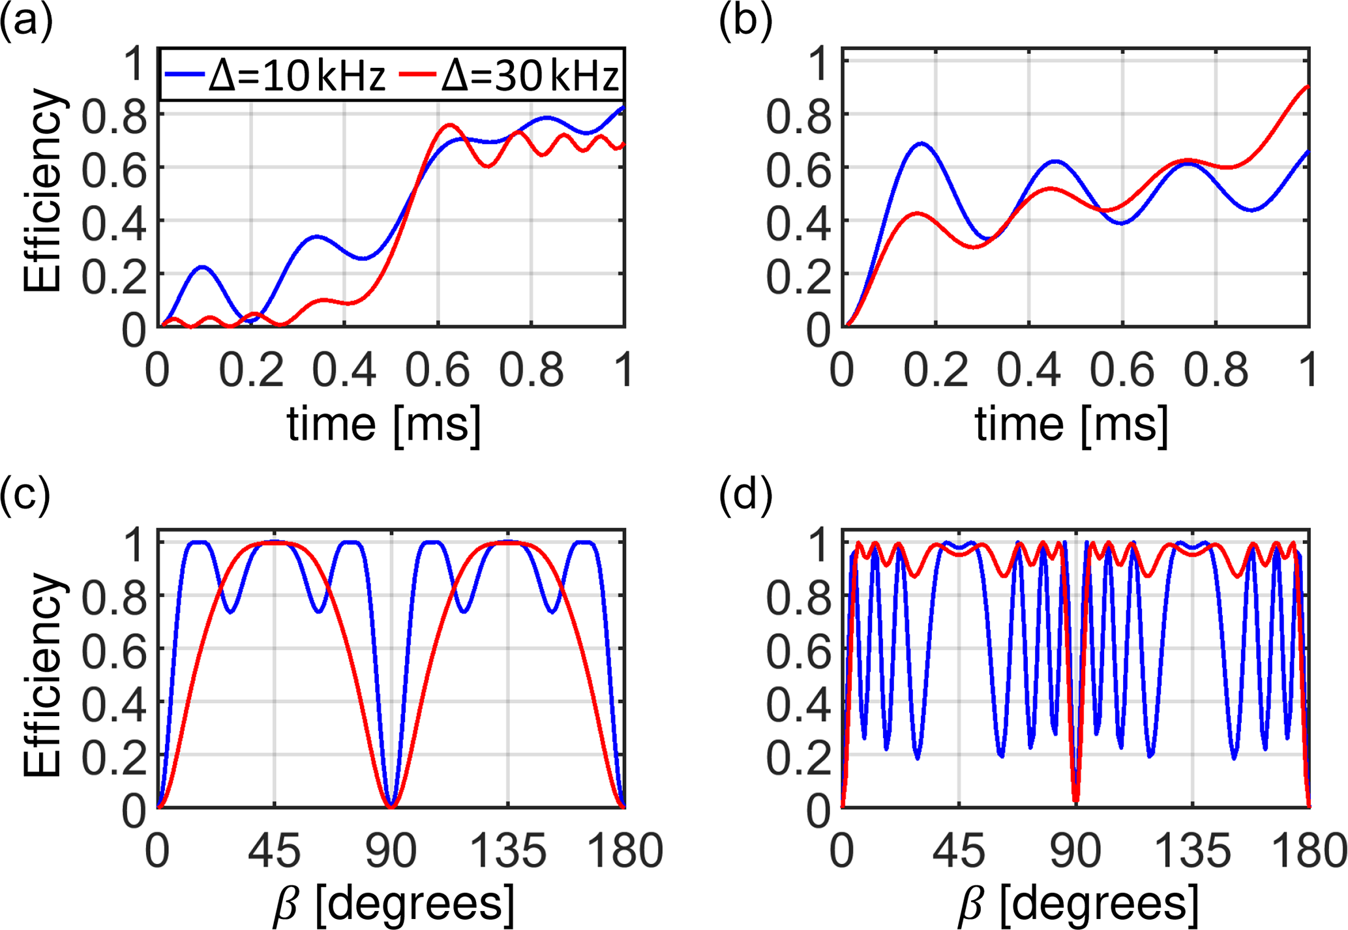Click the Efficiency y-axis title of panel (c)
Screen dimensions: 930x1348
pos(43,675)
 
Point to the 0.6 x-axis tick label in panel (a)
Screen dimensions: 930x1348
pos(438,370)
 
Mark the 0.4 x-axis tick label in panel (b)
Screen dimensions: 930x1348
pos(1028,370)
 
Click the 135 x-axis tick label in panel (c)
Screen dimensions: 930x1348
pos(508,852)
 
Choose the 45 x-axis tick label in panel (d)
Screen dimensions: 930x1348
pos(959,852)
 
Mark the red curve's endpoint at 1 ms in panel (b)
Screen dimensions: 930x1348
pos(1308,87)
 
